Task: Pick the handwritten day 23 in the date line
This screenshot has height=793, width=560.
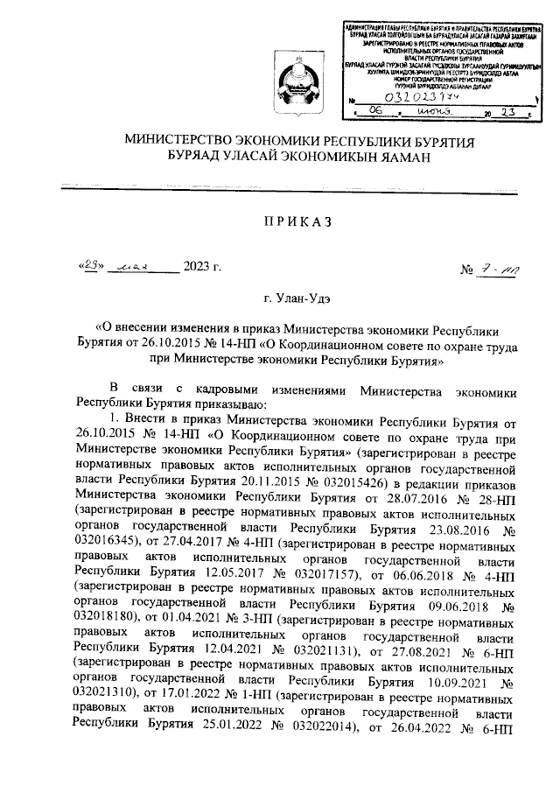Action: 93,266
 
